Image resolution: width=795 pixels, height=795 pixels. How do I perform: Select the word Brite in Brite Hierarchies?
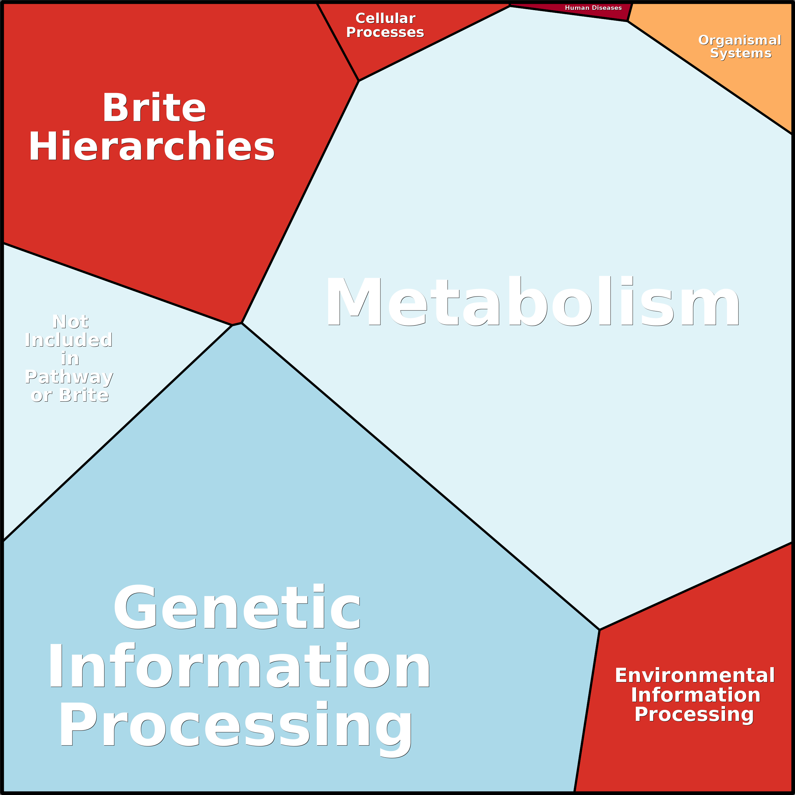(x=154, y=108)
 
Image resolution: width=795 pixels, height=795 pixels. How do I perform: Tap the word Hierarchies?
(x=151, y=147)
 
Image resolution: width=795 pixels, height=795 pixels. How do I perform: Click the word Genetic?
(x=237, y=607)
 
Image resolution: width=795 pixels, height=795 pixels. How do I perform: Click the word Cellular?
(x=385, y=19)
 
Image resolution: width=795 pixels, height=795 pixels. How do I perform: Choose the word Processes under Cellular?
(x=385, y=32)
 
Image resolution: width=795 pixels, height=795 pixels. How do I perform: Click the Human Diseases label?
(x=593, y=8)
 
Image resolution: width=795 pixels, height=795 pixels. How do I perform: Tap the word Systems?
(x=741, y=53)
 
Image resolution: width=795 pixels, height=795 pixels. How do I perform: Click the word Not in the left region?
(x=70, y=322)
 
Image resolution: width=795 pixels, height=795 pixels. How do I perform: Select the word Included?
(x=69, y=340)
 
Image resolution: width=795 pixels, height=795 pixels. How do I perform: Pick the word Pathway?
(x=69, y=377)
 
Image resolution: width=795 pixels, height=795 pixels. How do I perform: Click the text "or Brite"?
(x=70, y=395)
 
